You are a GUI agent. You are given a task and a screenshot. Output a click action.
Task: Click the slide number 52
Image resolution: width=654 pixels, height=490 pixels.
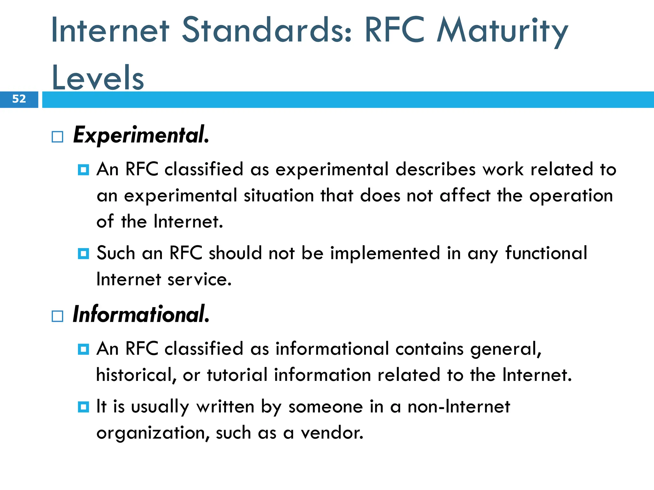(x=19, y=99)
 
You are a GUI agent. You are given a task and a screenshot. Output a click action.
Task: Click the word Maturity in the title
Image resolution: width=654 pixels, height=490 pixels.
(x=502, y=31)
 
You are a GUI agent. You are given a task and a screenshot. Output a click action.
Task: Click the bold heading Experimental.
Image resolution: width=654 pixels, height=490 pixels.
(x=141, y=135)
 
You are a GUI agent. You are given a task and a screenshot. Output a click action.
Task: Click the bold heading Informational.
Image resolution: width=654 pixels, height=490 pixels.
(x=141, y=315)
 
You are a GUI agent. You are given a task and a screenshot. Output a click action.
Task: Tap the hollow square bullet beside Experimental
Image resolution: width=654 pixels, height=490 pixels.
(x=57, y=137)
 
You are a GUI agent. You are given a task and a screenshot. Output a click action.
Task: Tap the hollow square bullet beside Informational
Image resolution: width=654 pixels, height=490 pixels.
(x=57, y=316)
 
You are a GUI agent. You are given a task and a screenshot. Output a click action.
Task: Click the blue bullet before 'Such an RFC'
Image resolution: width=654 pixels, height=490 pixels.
(x=83, y=254)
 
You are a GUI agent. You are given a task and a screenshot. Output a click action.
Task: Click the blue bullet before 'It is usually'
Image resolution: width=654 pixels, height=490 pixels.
(x=83, y=407)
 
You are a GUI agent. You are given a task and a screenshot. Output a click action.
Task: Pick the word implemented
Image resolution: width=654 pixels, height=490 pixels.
(x=385, y=253)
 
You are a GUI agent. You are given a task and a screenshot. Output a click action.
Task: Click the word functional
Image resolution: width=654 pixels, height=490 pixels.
(x=546, y=253)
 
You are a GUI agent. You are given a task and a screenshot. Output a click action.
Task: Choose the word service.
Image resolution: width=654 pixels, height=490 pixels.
(x=199, y=279)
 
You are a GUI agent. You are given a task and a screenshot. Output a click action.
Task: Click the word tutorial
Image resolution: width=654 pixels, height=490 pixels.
(x=237, y=375)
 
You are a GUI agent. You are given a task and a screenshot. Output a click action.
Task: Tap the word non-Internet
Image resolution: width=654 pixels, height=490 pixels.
(x=459, y=407)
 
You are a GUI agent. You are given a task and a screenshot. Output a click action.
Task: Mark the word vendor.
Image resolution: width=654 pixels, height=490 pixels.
(x=332, y=433)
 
